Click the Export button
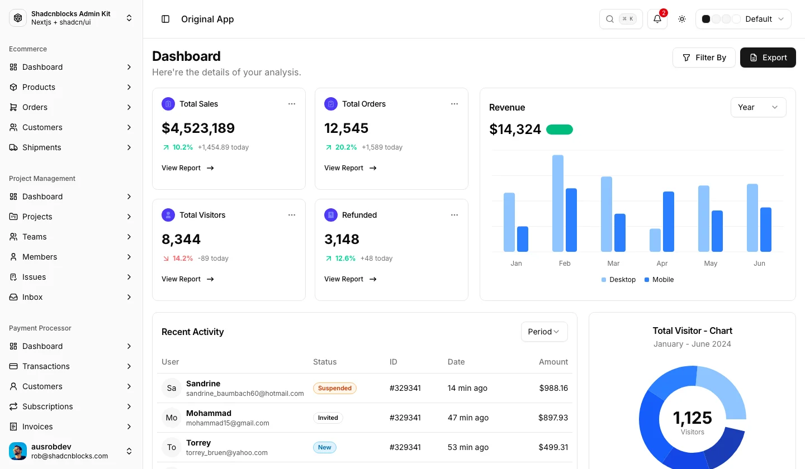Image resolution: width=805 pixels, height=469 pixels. point(768,58)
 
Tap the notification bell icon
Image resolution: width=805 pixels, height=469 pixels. point(657,19)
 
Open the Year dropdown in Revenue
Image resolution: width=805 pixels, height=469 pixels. point(758,107)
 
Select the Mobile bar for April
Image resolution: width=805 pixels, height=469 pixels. point(669,222)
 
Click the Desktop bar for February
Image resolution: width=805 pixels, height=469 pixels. point(558,203)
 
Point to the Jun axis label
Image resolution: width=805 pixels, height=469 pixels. point(759,264)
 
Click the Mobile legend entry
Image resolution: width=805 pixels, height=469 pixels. point(659,280)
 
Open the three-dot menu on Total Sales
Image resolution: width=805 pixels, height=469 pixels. point(292,104)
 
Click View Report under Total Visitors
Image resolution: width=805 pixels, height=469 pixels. point(188,279)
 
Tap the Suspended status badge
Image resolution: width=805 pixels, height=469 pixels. point(334,388)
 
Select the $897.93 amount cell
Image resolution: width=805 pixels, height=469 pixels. point(553,418)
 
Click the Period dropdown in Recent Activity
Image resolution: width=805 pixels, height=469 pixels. point(544,332)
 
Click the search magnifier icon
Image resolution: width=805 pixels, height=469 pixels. point(610,19)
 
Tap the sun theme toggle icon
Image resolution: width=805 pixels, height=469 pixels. point(682,19)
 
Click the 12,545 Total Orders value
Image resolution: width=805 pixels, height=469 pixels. point(346,128)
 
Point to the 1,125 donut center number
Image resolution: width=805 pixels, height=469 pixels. point(692,418)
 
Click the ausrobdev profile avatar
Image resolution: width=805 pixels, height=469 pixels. point(18,451)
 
